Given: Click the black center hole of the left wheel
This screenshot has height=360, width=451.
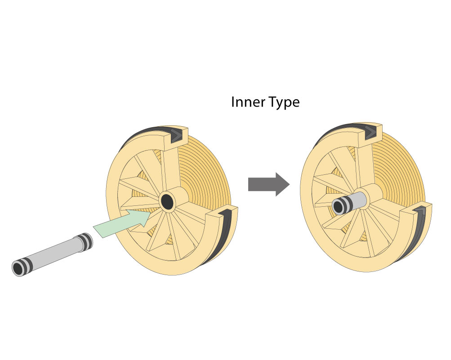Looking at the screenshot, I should point(167,201).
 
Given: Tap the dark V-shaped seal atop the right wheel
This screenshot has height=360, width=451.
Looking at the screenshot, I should point(370,132).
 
